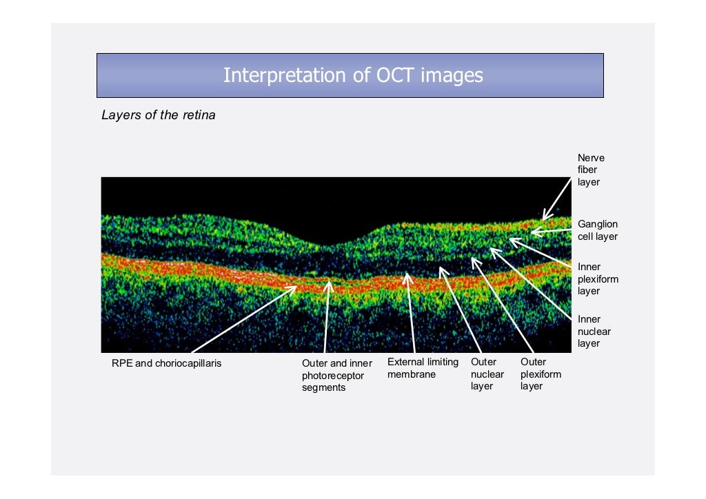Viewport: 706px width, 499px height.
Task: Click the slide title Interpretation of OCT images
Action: pos(353,75)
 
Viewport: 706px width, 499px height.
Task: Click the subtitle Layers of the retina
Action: pos(159,115)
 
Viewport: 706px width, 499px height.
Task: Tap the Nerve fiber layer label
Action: pos(590,170)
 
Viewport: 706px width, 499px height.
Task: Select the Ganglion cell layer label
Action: pos(597,230)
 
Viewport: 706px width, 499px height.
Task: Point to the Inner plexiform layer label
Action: pos(597,279)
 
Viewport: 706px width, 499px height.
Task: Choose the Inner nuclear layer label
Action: pos(593,331)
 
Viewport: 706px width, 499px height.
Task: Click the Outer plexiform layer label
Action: pos(541,374)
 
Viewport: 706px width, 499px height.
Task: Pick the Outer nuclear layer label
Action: pos(483,374)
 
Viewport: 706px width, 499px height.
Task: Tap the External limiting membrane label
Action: pos(422,368)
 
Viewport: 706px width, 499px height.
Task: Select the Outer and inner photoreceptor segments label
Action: pos(336,375)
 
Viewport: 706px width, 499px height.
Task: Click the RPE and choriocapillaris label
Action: pos(167,363)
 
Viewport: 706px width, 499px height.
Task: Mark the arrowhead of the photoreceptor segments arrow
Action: pos(330,281)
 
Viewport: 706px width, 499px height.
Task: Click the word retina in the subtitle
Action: pos(199,115)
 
